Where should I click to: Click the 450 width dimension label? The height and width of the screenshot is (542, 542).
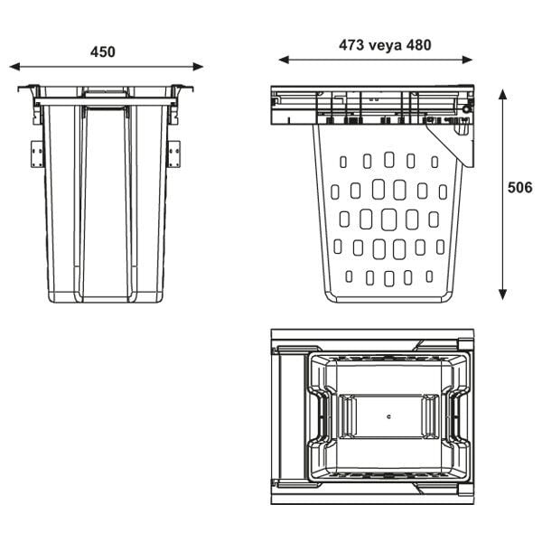102,51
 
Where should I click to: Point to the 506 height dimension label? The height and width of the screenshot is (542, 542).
520,188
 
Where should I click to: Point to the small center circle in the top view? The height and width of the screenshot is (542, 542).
388,417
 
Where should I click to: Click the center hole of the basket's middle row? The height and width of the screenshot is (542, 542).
388,219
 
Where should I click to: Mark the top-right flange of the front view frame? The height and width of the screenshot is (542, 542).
183,90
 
